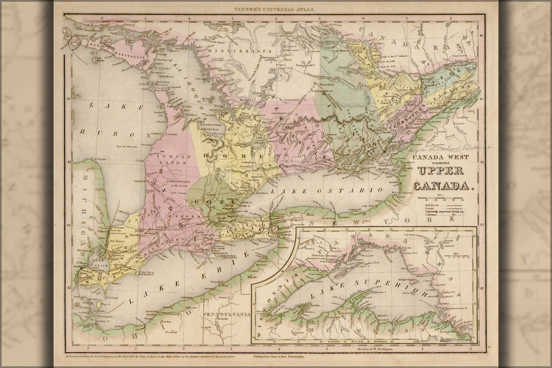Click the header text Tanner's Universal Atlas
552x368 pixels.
[x=276, y=9]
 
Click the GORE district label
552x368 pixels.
[x=203, y=202]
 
